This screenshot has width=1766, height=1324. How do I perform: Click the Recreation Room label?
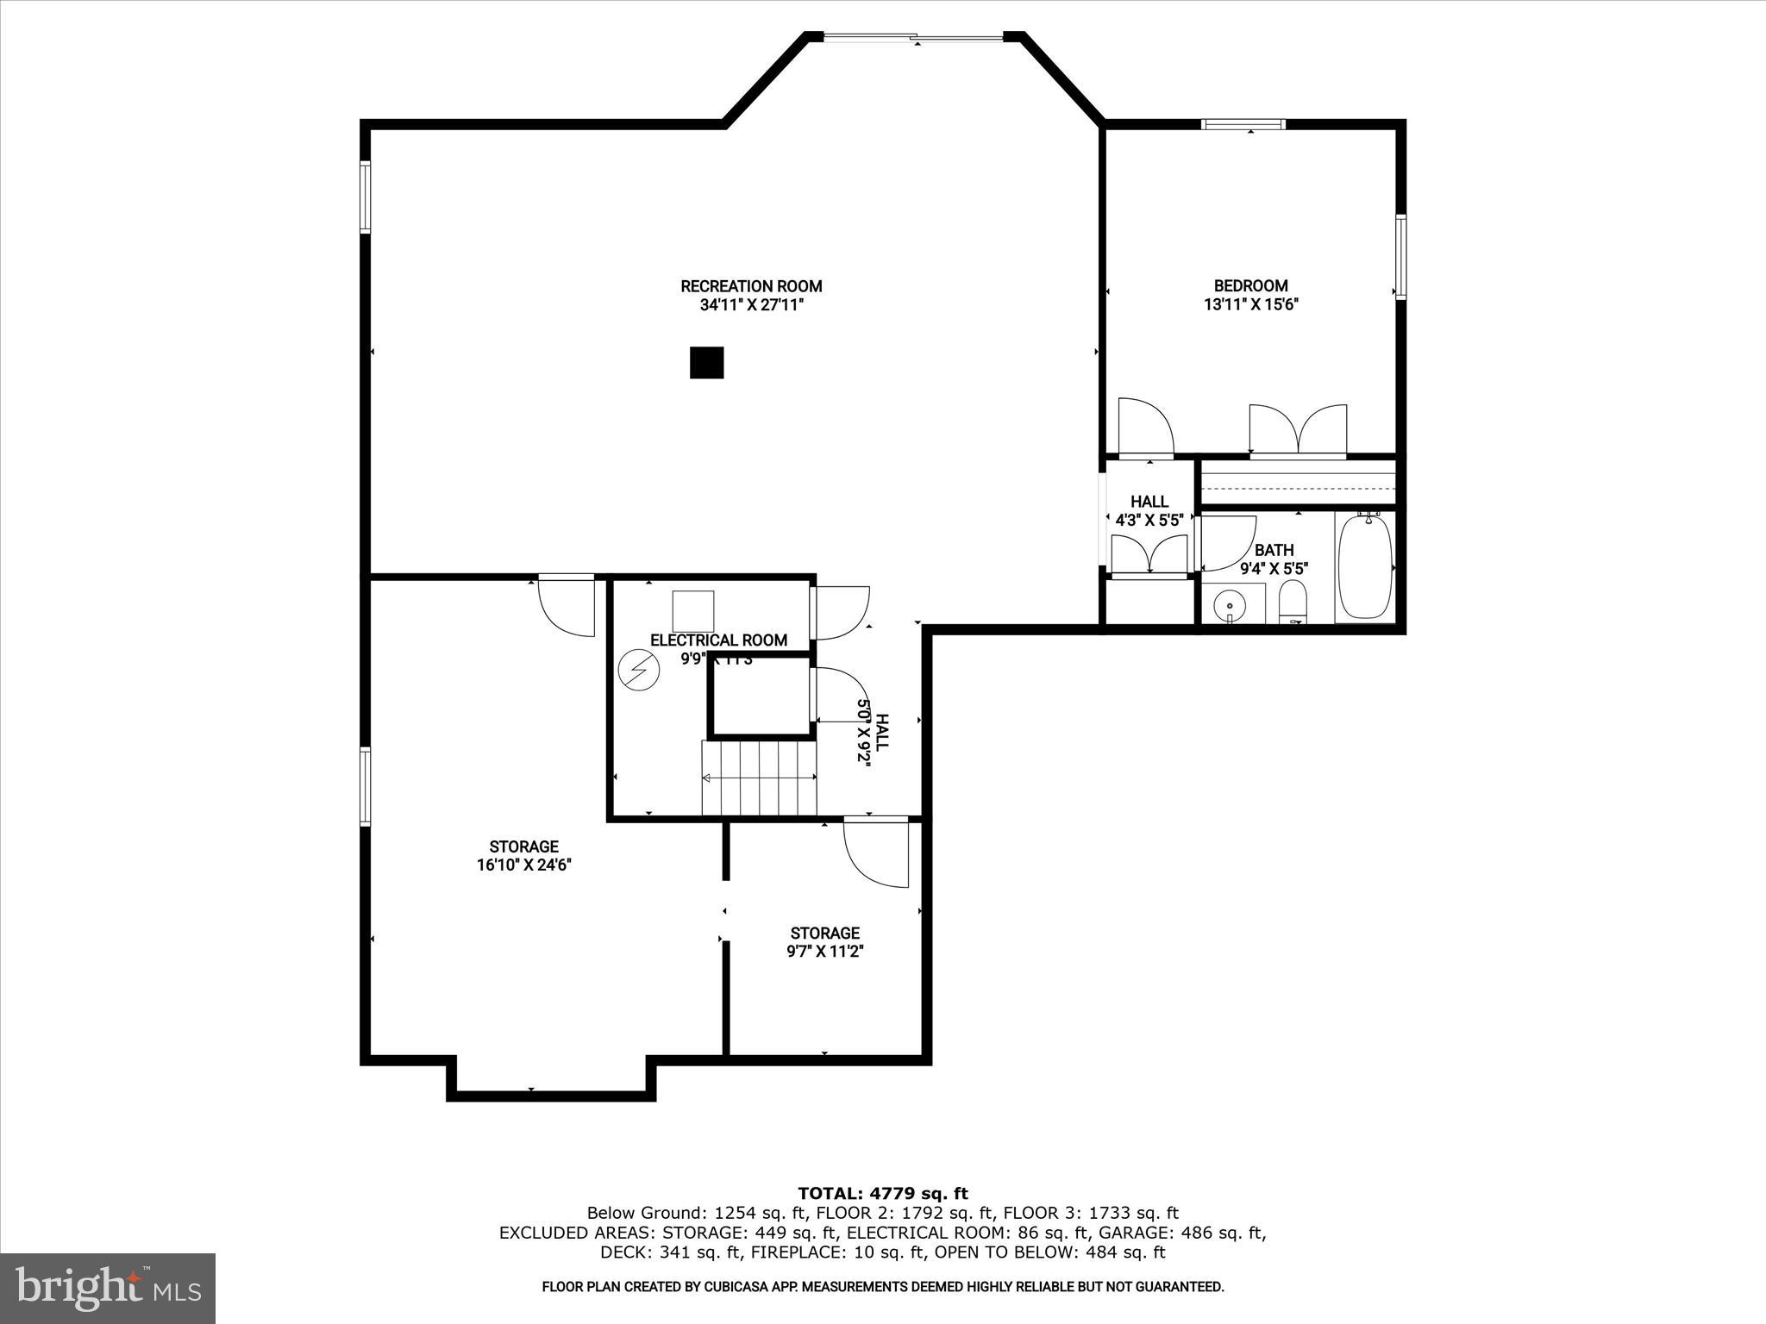click(x=751, y=286)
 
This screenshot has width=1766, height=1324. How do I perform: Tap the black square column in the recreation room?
click(x=706, y=363)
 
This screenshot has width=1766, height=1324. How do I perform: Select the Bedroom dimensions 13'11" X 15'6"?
click(x=1250, y=304)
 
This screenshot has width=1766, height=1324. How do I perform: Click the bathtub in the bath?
click(x=1364, y=566)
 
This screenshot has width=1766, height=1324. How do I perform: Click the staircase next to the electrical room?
click(x=759, y=778)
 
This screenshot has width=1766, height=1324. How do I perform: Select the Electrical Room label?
click(x=718, y=640)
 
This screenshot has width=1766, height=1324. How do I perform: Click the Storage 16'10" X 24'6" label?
click(x=523, y=856)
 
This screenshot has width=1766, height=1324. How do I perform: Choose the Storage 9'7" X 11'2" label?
click(x=824, y=942)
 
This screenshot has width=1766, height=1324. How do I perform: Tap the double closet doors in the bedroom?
click(x=1298, y=429)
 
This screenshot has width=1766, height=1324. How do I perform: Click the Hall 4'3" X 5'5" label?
click(x=1149, y=511)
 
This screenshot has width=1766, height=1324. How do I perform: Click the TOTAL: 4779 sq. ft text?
click(x=882, y=1194)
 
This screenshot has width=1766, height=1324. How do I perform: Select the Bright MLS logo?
click(x=108, y=1288)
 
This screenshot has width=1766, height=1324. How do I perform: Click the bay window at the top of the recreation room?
click(x=913, y=37)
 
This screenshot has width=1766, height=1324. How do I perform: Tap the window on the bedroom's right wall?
click(x=1400, y=256)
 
